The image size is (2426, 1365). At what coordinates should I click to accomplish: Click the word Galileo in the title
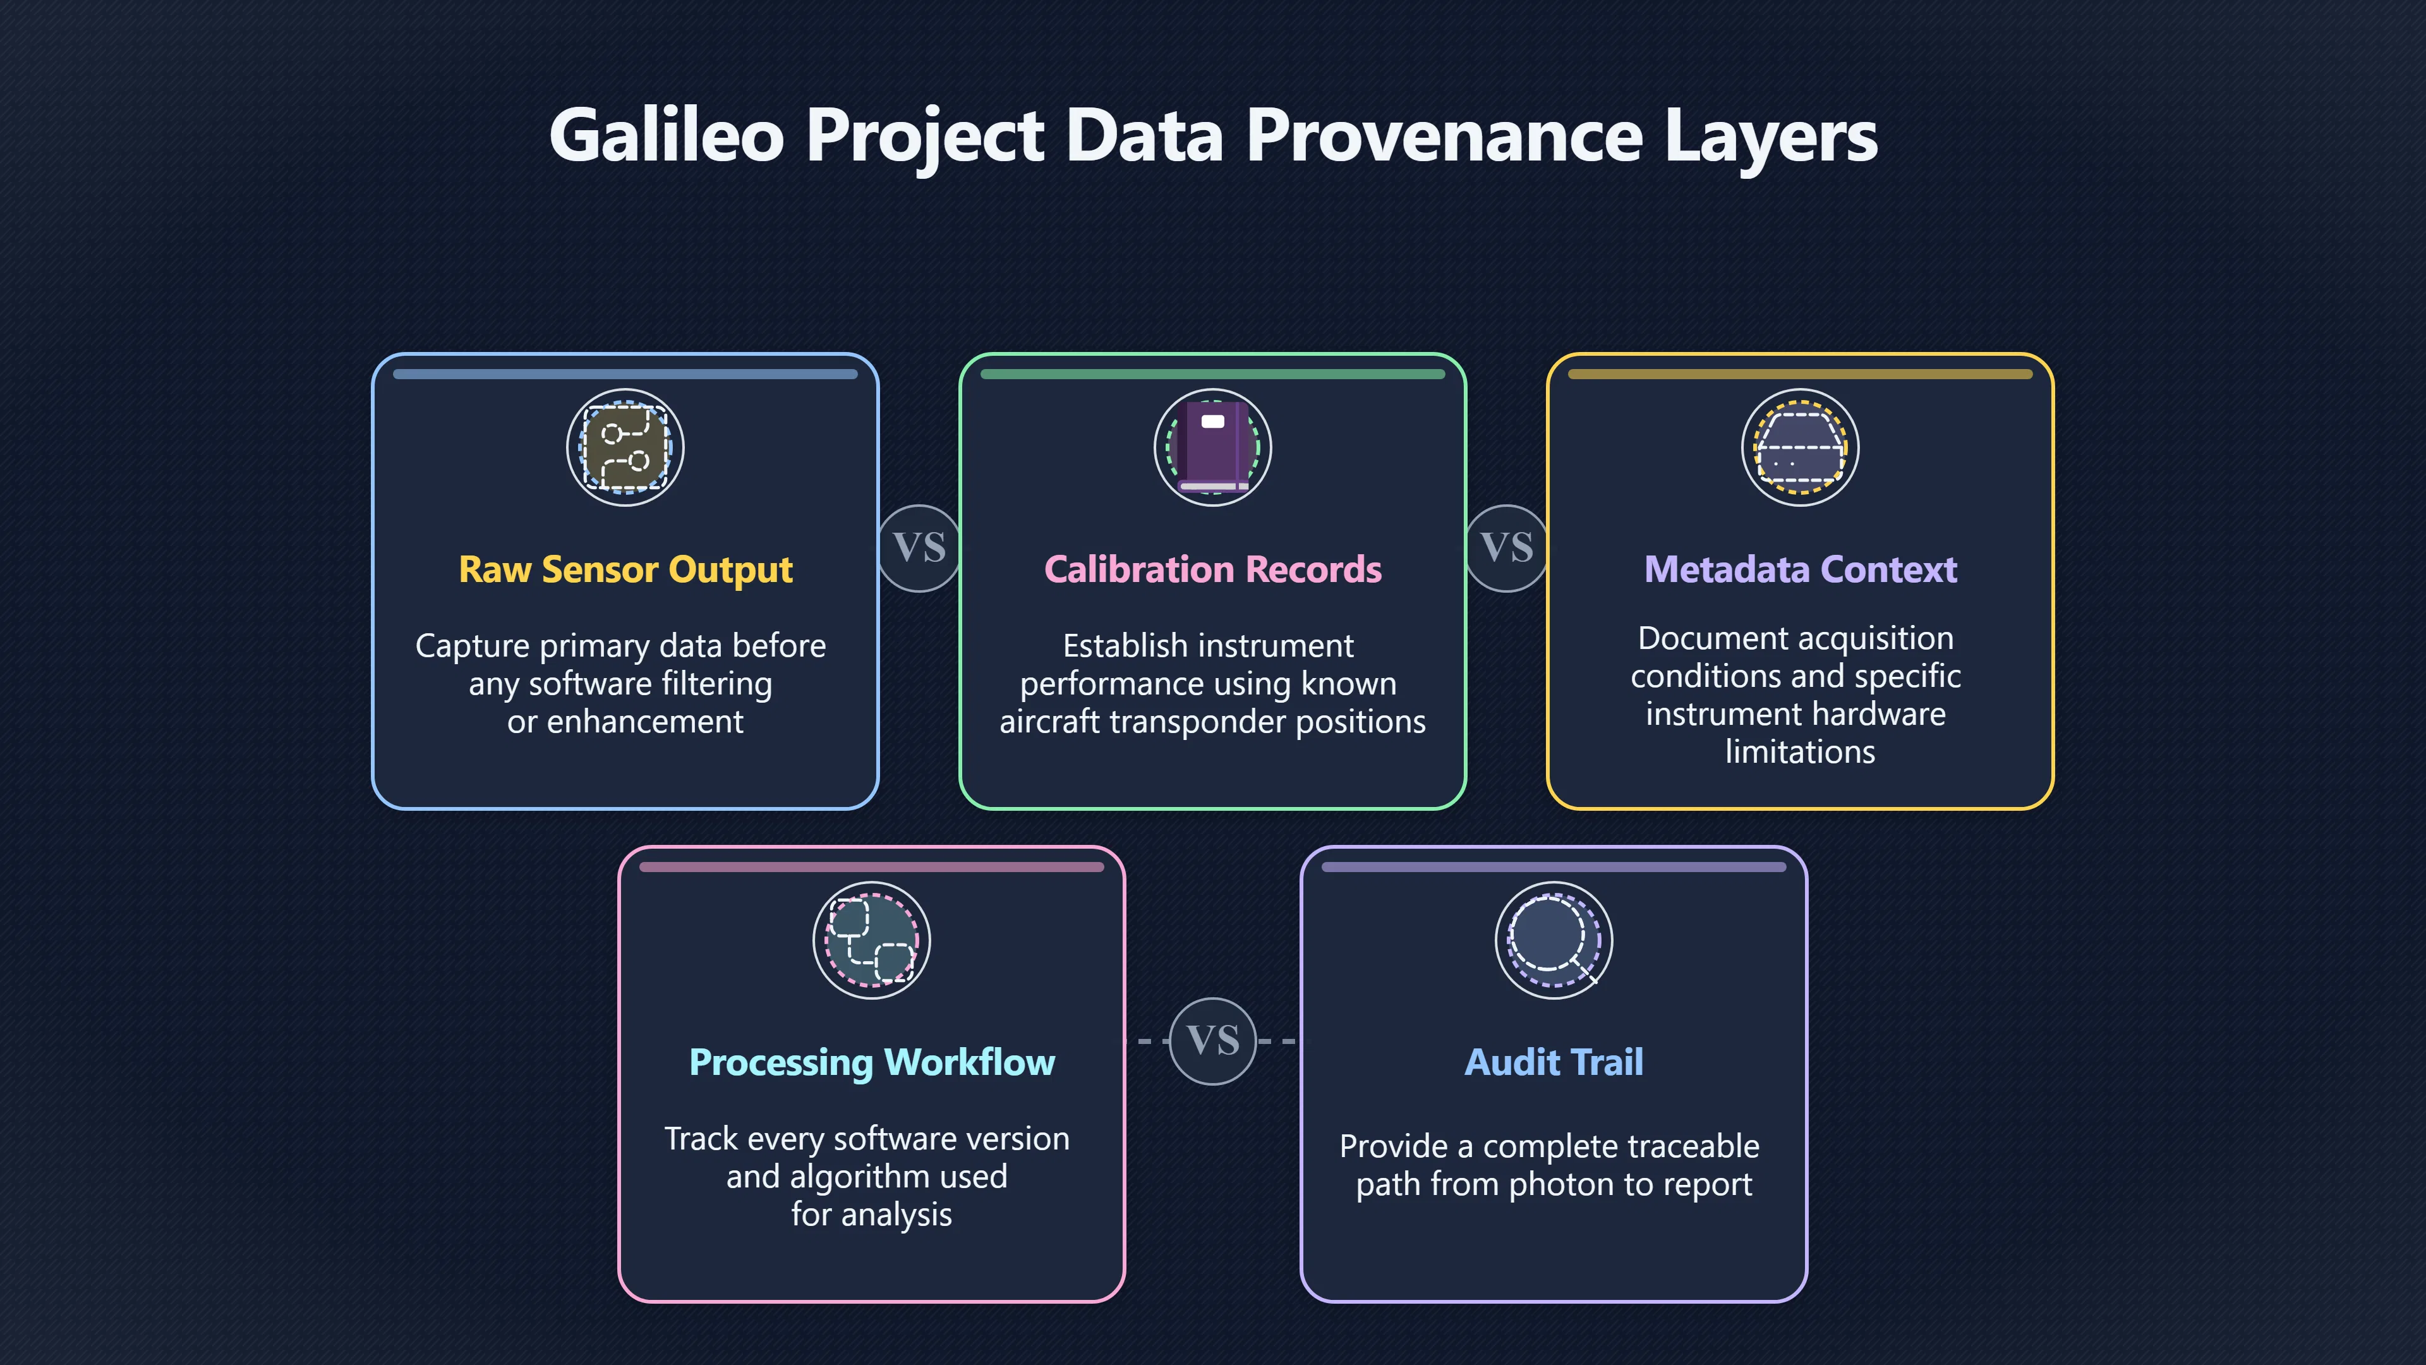pos(667,136)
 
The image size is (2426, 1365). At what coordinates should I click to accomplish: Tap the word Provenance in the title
pos(1445,136)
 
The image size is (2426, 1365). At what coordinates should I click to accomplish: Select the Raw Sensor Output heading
pos(625,570)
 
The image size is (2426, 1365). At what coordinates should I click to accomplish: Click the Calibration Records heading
pos(1213,570)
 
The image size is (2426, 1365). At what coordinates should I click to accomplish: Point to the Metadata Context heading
pos(1801,570)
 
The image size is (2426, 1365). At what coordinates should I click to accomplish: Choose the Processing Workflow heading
pos(872,1062)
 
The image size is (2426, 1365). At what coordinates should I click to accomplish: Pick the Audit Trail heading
pos(1554,1062)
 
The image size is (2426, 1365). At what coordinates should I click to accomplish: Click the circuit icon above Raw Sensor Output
pos(625,447)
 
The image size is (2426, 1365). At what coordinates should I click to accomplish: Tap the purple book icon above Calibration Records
pos(1213,447)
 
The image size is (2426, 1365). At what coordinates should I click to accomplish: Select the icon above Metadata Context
pos(1801,447)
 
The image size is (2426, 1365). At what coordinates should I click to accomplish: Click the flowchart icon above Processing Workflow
pos(872,940)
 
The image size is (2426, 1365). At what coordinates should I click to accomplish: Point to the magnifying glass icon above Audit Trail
pos(1554,940)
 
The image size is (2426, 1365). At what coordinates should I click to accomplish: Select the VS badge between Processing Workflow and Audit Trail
pos(1213,1041)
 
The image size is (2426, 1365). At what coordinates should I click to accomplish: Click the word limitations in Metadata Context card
pos(1801,752)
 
